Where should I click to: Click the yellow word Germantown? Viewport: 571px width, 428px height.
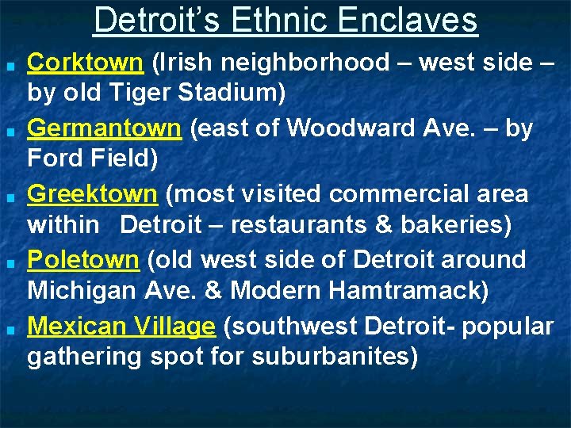tap(105, 128)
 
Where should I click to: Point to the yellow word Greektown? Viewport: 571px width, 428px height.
tap(93, 193)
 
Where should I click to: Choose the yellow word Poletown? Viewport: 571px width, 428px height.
tap(83, 259)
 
